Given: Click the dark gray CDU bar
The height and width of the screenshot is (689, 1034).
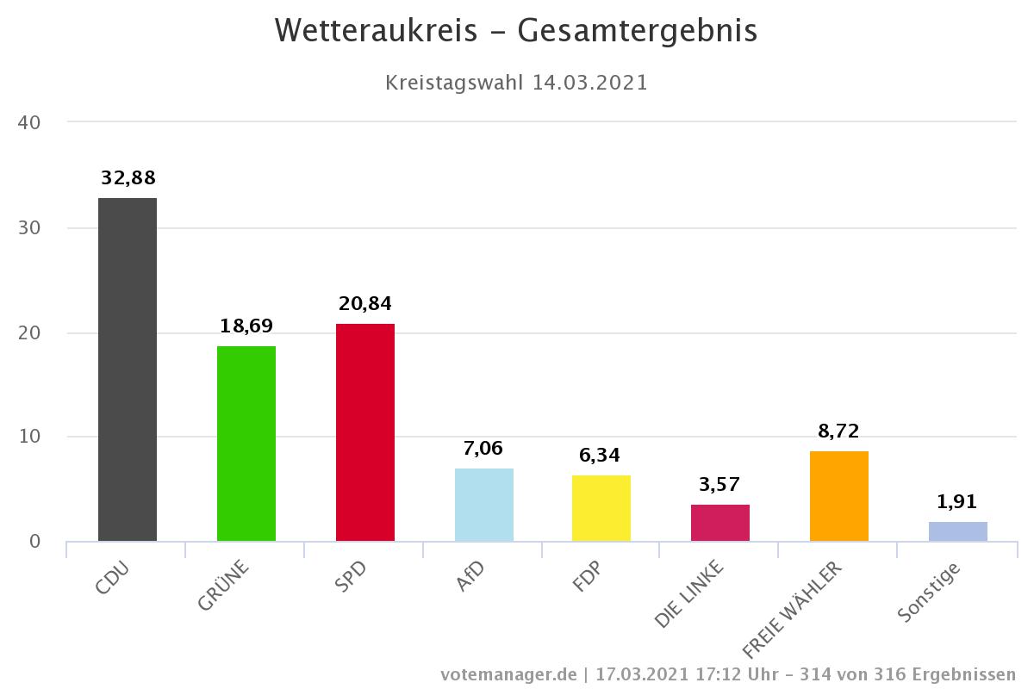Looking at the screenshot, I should [x=128, y=369].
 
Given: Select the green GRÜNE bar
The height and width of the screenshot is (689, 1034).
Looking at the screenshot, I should [x=246, y=444].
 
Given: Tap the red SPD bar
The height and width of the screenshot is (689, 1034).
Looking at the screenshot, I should [x=365, y=432].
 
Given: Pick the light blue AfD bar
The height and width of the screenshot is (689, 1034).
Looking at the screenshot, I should [x=484, y=505].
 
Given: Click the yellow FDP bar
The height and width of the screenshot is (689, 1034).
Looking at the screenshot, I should [x=601, y=508].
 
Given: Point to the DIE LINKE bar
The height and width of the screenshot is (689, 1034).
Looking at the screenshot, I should [x=720, y=523].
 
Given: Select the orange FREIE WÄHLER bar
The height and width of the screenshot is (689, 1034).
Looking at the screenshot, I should [x=839, y=496].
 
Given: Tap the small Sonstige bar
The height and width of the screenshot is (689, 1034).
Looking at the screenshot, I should [x=958, y=531].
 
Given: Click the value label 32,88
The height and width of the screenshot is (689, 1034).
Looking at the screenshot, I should [x=128, y=178].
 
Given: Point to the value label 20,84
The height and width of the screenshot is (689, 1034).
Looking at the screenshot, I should [x=365, y=304].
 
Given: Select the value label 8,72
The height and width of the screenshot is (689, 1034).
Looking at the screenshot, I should [x=839, y=431].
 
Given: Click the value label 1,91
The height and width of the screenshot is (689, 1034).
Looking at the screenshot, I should [x=958, y=502].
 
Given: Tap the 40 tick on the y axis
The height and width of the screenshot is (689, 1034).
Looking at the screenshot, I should [x=29, y=123].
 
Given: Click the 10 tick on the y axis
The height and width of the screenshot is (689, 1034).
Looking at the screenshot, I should [x=29, y=437].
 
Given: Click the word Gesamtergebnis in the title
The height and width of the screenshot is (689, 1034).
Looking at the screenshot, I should [x=638, y=31].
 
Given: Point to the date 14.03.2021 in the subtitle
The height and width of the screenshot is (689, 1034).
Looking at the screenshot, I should [x=590, y=84].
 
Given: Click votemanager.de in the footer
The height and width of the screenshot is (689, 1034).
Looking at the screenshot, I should [x=508, y=673].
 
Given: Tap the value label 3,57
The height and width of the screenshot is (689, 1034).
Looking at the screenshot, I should [x=720, y=484].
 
